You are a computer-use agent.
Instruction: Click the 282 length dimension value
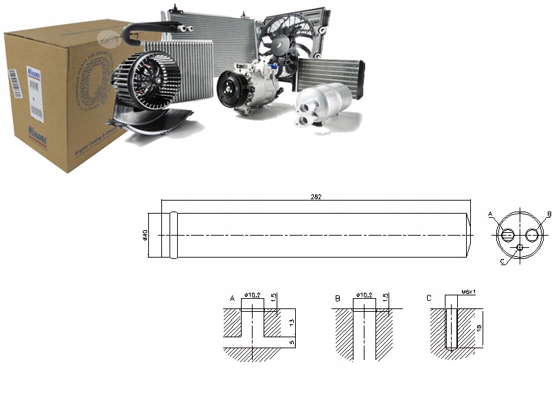(316, 196)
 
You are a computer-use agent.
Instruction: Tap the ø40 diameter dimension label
(145, 235)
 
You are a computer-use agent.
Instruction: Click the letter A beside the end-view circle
(490, 214)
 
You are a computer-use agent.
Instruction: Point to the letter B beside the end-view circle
(549, 214)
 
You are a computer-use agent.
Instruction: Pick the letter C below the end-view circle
(502, 262)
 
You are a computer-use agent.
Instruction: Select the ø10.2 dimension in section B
(364, 295)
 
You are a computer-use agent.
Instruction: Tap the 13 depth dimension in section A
(292, 321)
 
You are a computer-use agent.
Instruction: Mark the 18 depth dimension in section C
(478, 328)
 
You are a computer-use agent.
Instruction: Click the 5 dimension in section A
(292, 342)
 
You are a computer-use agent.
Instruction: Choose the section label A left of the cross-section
(232, 298)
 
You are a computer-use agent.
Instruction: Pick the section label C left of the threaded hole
(429, 298)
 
